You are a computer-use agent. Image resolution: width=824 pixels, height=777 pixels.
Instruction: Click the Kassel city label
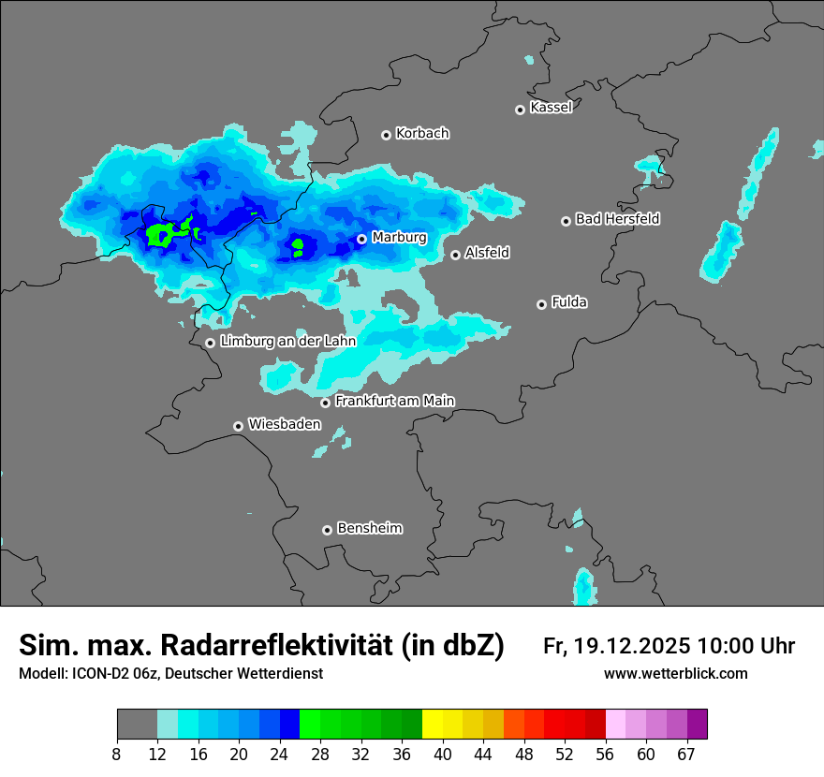tap(551, 108)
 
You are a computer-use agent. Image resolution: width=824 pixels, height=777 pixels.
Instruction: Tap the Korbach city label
tap(422, 134)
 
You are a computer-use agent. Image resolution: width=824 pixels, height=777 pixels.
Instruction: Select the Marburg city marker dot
tap(361, 239)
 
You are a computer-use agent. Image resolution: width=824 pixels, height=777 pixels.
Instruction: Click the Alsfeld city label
tap(487, 253)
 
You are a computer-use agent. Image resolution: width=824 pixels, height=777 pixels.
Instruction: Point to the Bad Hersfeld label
tap(617, 219)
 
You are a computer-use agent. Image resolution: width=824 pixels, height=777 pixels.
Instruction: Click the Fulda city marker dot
tap(541, 304)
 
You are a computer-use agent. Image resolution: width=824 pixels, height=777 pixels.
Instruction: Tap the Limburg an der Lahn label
tap(287, 342)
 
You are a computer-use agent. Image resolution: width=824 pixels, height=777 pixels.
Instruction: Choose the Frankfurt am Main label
tap(394, 401)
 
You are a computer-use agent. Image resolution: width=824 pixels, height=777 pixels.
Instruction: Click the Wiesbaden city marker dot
tap(239, 426)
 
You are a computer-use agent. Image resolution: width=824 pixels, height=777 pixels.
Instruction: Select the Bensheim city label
tap(369, 529)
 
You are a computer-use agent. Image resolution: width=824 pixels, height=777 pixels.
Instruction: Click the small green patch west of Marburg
tap(298, 248)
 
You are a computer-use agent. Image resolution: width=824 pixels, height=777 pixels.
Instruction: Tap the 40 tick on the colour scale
tap(443, 754)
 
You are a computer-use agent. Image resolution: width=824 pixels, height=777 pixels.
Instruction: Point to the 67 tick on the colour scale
tap(686, 754)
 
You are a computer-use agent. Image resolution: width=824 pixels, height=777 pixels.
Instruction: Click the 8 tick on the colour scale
tap(117, 754)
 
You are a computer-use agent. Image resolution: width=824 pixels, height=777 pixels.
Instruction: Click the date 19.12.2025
tap(633, 646)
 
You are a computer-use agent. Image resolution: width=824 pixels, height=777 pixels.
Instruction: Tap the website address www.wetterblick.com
tap(675, 674)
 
